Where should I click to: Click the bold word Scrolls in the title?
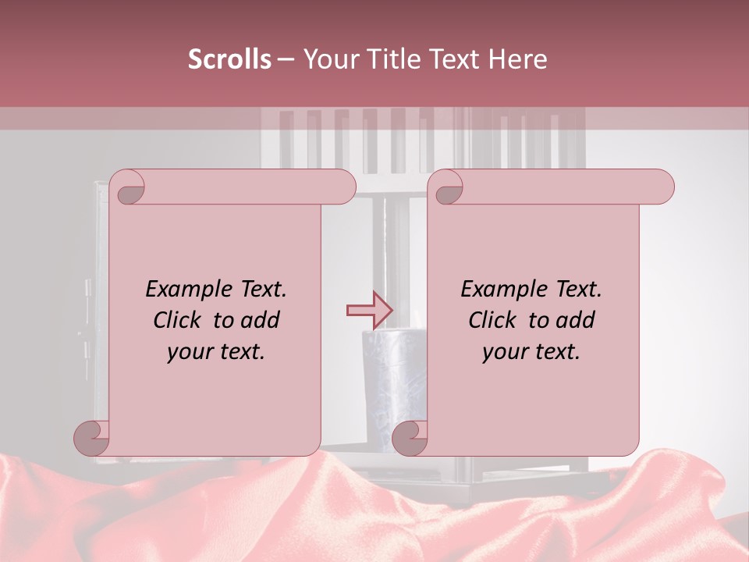(x=229, y=59)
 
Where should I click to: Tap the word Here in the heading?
(x=518, y=59)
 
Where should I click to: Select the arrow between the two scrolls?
(x=370, y=310)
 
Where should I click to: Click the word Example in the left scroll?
(x=186, y=290)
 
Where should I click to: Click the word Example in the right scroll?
(x=502, y=290)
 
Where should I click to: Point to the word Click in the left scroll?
(x=177, y=320)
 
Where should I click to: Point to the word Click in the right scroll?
(x=492, y=320)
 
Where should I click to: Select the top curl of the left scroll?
(x=129, y=188)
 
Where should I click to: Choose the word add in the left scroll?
(x=261, y=320)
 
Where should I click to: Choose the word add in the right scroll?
(x=577, y=320)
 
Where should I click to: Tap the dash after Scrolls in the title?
(x=286, y=60)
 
